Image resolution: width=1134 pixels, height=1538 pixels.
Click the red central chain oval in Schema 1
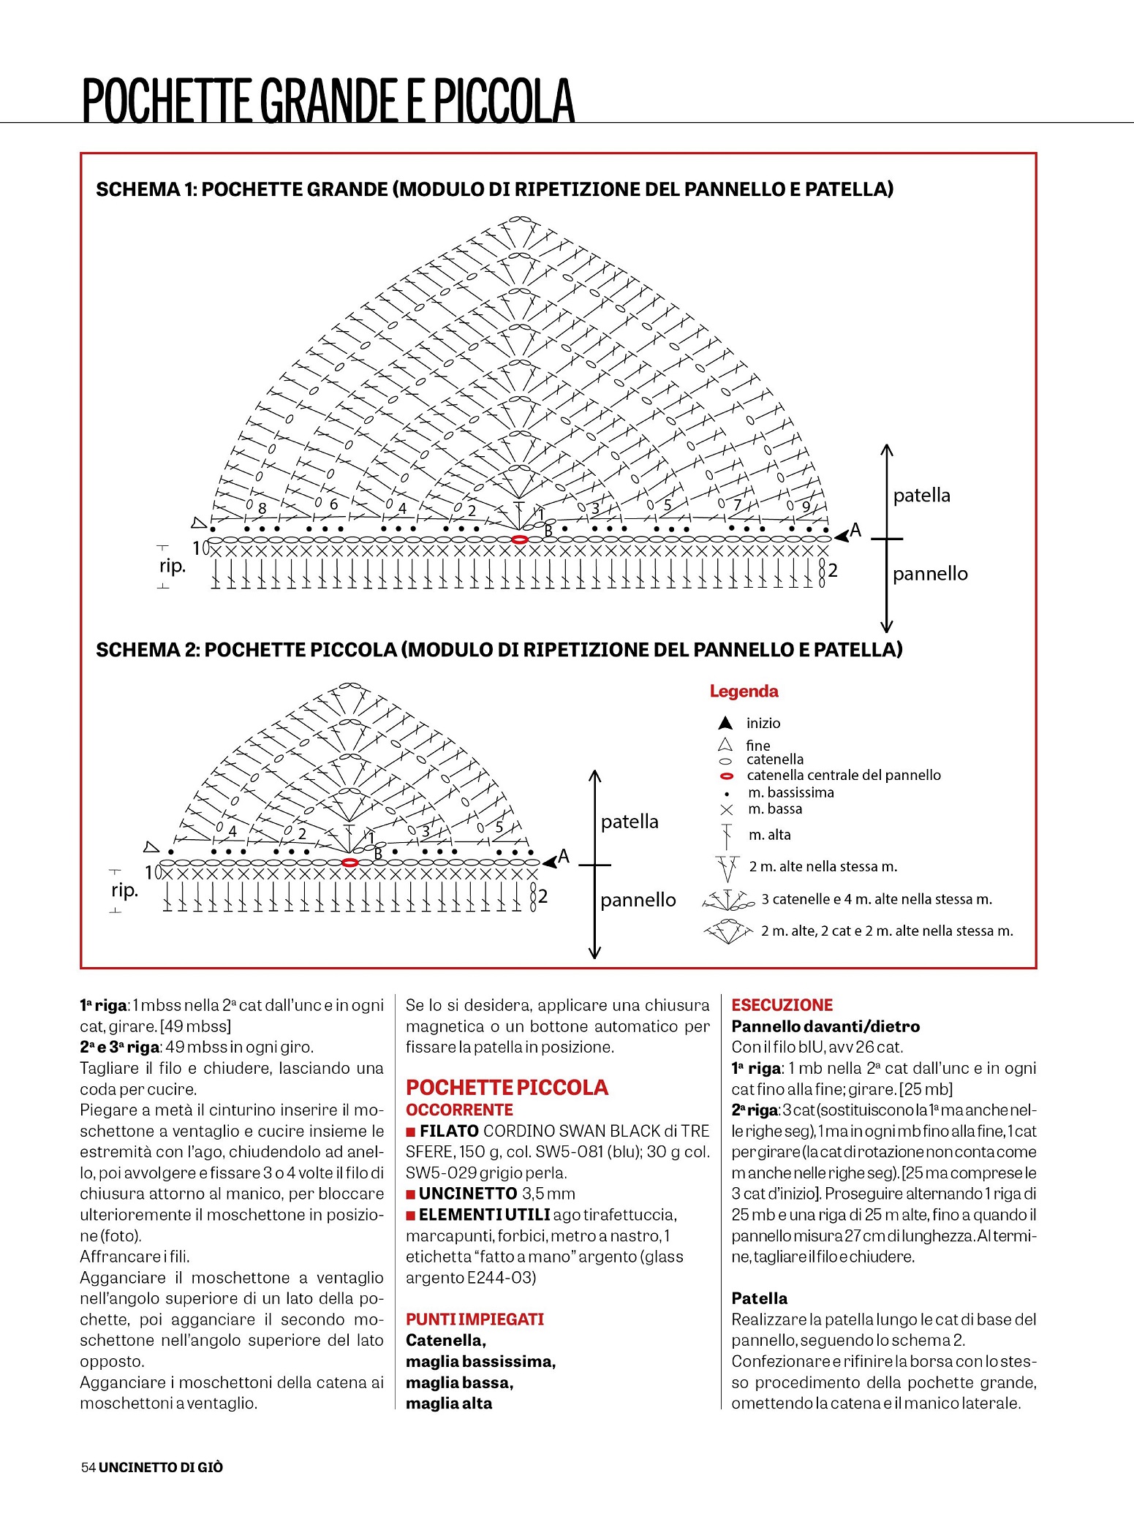(519, 539)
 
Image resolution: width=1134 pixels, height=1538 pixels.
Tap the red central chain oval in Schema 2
(350, 863)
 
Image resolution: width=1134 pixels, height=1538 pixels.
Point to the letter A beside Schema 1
(855, 530)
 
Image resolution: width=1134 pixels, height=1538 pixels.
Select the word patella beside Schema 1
(921, 496)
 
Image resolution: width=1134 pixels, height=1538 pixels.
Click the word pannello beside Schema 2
(638, 900)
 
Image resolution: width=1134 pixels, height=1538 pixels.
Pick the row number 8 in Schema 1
(262, 507)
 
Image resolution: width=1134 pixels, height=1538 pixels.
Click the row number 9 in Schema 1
(806, 506)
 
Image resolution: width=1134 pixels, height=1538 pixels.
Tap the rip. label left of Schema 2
(124, 890)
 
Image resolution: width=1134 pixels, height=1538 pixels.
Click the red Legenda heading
(744, 691)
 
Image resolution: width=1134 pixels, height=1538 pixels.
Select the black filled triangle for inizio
(725, 723)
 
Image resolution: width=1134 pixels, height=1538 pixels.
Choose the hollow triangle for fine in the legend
(725, 745)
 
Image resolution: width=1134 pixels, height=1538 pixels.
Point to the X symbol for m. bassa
(726, 810)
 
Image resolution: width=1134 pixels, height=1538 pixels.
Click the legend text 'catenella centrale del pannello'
(843, 775)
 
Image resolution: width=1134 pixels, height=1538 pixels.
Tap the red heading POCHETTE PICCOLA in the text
(507, 1087)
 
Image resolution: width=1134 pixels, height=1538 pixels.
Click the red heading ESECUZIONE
(782, 1005)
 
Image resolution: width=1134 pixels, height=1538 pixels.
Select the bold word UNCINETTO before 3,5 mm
(468, 1194)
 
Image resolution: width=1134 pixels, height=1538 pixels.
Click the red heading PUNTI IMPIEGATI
(475, 1319)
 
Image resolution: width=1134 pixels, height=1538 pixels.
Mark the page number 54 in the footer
(88, 1467)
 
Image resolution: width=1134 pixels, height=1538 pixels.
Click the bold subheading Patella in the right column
(759, 1298)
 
